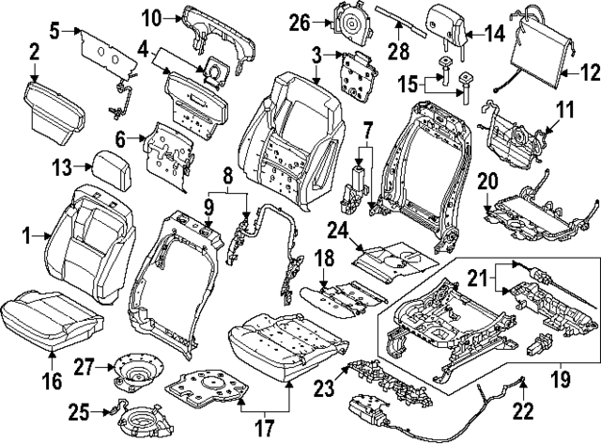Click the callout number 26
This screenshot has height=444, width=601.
click(299, 22)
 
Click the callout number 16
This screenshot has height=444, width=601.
click(52, 381)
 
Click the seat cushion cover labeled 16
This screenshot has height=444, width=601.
click(52, 316)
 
